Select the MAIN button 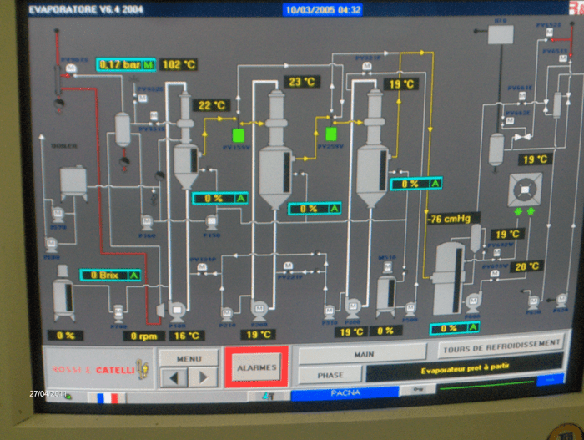(x=364, y=354)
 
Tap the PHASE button (x=330, y=375)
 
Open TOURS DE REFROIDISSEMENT (x=499, y=343)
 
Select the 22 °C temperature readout (x=211, y=105)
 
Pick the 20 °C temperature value (x=526, y=266)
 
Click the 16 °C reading (x=187, y=336)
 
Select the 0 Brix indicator (x=110, y=274)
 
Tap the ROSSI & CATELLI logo (x=93, y=367)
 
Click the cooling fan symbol (x=525, y=190)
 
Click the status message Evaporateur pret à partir (x=464, y=367)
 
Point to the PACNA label (x=345, y=391)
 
